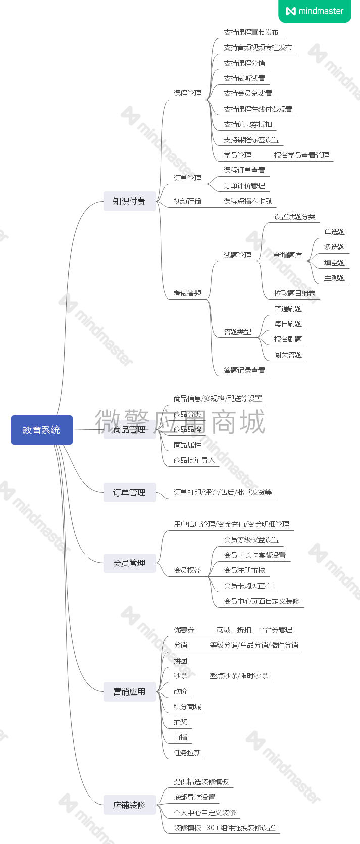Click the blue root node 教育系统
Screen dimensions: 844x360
coord(41,430)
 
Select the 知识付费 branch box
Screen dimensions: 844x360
coord(129,201)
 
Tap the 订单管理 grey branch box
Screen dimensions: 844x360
coord(129,492)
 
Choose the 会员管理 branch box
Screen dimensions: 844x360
coord(129,563)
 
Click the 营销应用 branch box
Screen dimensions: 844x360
coord(129,691)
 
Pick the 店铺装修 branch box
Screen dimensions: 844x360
coord(129,805)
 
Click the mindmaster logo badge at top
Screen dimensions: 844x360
coord(315,11)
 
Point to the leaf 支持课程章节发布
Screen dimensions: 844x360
coord(251,32)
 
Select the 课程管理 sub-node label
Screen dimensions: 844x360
coord(187,93)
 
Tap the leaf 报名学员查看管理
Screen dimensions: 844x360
coord(301,155)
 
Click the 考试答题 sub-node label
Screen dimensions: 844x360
coord(187,293)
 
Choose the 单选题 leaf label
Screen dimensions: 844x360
coord(334,232)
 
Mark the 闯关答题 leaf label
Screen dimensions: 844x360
coord(288,355)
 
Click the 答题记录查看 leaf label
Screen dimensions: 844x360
coord(244,370)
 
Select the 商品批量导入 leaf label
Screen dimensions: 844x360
coord(194,460)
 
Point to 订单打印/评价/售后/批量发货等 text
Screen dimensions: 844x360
coord(223,492)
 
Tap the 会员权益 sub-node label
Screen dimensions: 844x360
coord(187,570)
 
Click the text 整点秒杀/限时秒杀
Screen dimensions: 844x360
coord(239,676)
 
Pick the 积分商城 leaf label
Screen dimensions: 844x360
coord(187,707)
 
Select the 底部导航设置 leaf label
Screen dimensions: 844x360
coord(194,797)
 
